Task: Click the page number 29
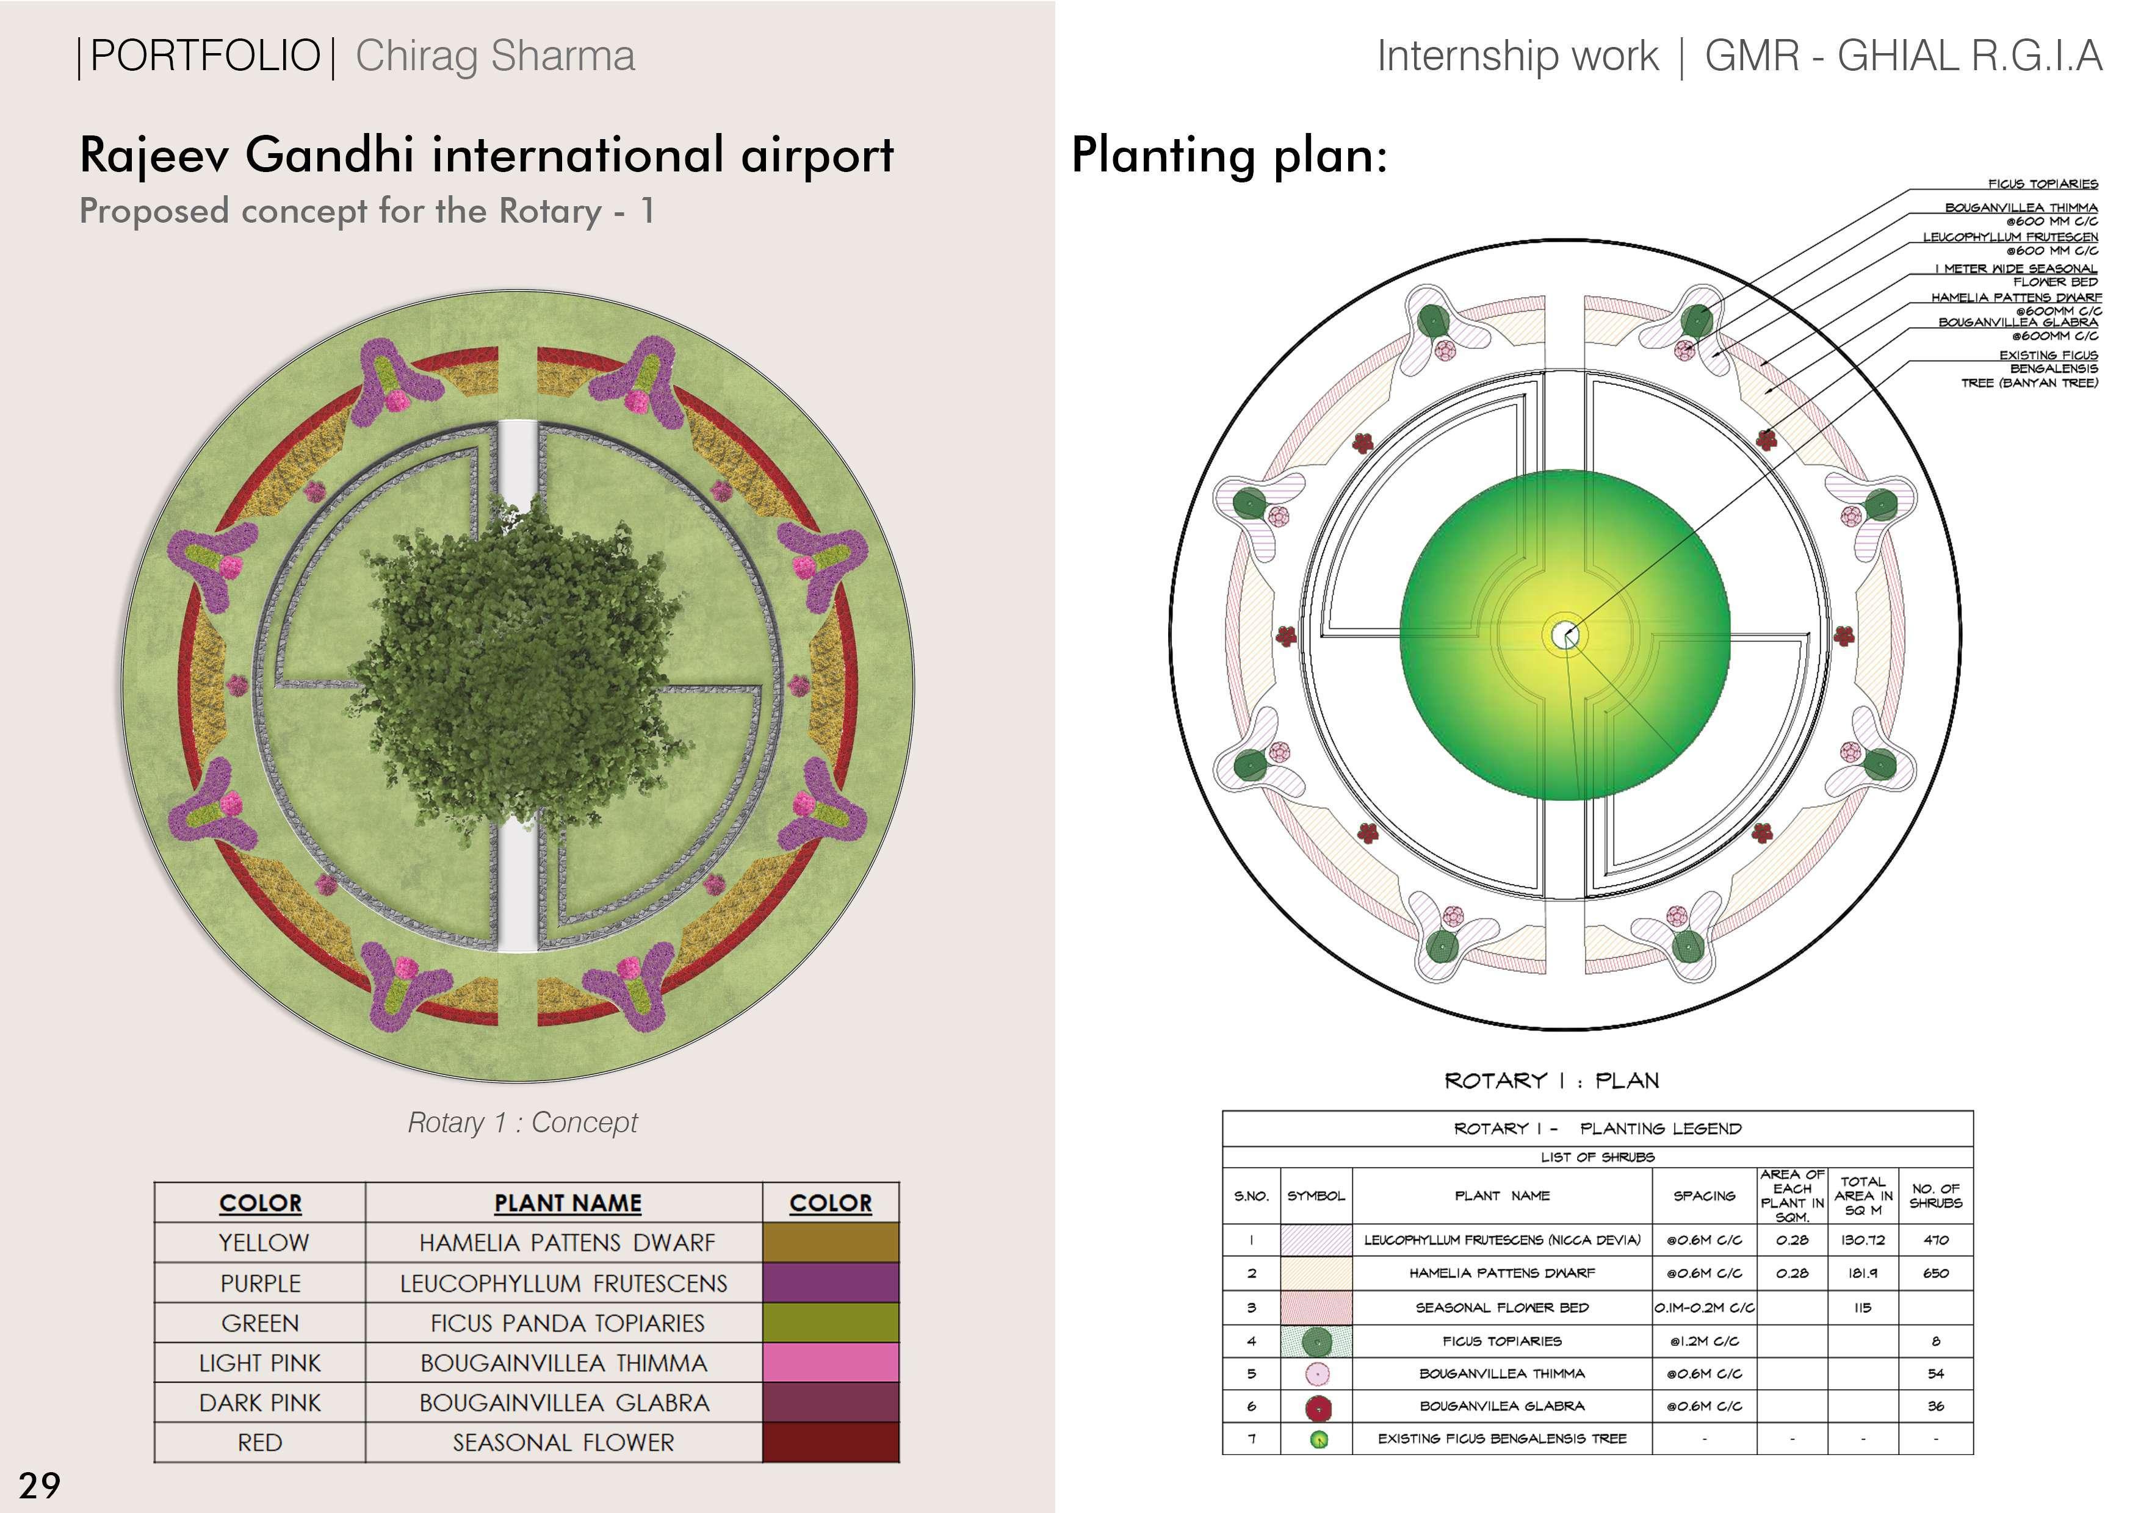(39, 1484)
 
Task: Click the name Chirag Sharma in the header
(495, 56)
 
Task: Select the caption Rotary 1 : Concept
(522, 1123)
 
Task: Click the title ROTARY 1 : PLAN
(1551, 1080)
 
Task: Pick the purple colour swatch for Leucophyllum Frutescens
(830, 1283)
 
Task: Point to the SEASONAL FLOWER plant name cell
(563, 1442)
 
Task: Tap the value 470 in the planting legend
(1935, 1240)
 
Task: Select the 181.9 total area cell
(1862, 1273)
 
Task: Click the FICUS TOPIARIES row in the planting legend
(1501, 1340)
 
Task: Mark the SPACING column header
(1703, 1195)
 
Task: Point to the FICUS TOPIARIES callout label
(2042, 184)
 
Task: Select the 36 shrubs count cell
(1935, 1406)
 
